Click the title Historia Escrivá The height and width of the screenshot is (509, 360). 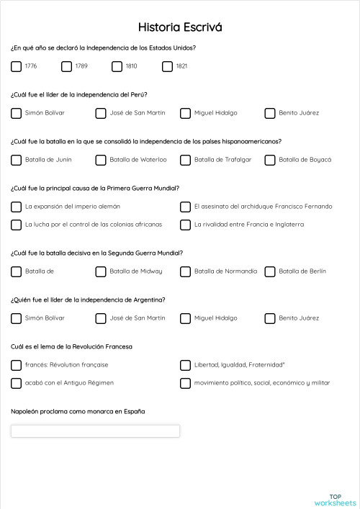(x=180, y=27)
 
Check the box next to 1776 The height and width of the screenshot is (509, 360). (x=16, y=66)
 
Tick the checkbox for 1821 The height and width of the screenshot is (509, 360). (x=167, y=66)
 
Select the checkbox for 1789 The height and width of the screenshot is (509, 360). (x=66, y=66)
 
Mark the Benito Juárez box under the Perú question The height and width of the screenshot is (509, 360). (x=270, y=113)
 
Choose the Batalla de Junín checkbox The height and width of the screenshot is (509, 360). (x=16, y=160)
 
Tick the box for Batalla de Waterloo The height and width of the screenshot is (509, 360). (x=101, y=160)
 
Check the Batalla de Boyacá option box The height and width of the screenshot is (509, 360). (x=270, y=160)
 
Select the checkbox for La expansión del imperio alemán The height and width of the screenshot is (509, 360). (x=16, y=207)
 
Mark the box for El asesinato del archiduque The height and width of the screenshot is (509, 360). (x=185, y=207)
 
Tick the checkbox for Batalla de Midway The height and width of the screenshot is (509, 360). (x=101, y=271)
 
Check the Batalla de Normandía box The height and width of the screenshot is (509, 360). (x=185, y=271)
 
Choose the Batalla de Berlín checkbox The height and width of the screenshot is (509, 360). (x=270, y=271)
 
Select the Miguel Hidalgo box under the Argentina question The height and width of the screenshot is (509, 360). (x=185, y=318)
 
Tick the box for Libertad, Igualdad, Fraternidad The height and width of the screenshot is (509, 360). (x=185, y=365)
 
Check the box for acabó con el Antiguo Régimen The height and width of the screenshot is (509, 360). (x=16, y=383)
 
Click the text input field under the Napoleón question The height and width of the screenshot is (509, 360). (x=95, y=431)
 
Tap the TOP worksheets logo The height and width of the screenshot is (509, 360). (x=335, y=499)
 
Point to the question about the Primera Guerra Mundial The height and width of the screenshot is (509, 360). (x=95, y=188)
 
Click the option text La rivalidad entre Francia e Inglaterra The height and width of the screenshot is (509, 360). (x=249, y=225)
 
